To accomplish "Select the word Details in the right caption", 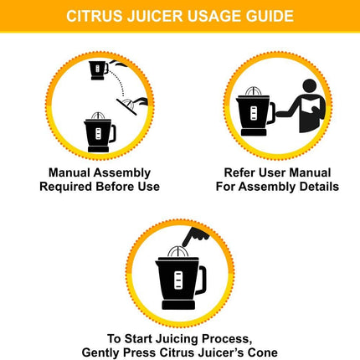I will point(317,187).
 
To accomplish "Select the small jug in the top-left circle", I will point(98,69).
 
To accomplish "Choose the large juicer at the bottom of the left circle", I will point(100,131).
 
